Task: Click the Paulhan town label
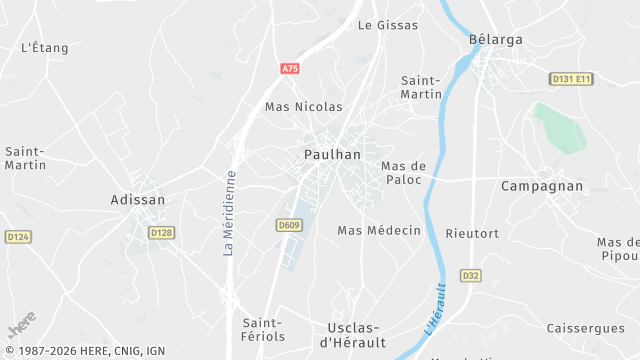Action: [x=332, y=154]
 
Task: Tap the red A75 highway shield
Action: [x=290, y=68]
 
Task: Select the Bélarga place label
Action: [x=496, y=40]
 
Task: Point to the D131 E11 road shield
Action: [x=571, y=78]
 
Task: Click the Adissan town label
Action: [x=137, y=200]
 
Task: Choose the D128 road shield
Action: [x=161, y=232]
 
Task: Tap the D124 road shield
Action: [x=17, y=237]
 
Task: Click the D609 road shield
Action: [x=289, y=225]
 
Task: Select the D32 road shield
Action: [x=470, y=275]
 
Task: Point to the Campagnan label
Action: [x=541, y=186]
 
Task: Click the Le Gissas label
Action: [x=388, y=25]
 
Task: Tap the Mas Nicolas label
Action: [x=303, y=106]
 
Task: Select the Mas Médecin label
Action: [x=379, y=230]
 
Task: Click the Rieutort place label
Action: [x=473, y=233]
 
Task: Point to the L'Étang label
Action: [x=44, y=47]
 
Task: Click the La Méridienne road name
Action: [x=229, y=213]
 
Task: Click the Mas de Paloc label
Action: [x=404, y=172]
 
